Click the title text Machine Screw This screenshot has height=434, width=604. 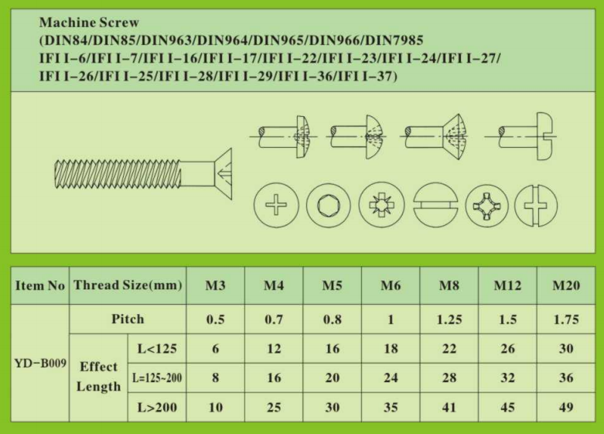click(x=89, y=23)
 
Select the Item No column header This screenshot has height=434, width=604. click(x=39, y=285)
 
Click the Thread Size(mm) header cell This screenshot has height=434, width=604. click(x=128, y=285)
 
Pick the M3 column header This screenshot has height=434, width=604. click(x=215, y=285)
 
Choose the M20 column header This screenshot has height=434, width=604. click(x=566, y=285)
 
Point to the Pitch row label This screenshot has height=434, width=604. click(x=128, y=320)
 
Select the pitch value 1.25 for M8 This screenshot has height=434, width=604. click(x=449, y=320)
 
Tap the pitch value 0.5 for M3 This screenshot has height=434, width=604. click(x=215, y=320)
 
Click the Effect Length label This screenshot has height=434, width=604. click(x=98, y=377)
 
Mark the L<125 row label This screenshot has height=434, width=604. click(x=156, y=349)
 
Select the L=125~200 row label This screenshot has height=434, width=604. click(x=156, y=378)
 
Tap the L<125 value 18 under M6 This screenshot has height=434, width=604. click(x=391, y=349)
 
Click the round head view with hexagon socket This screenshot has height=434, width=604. click(x=329, y=207)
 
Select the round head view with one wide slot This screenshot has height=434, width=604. click(x=435, y=207)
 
